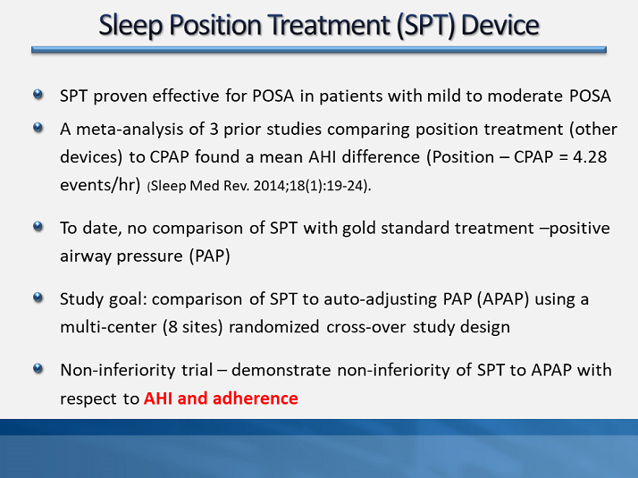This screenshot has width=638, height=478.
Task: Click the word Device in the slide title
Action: pos(498,24)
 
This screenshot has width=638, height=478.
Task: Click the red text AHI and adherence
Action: pos(221,398)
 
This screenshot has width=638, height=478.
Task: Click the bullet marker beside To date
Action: pos(38,227)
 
